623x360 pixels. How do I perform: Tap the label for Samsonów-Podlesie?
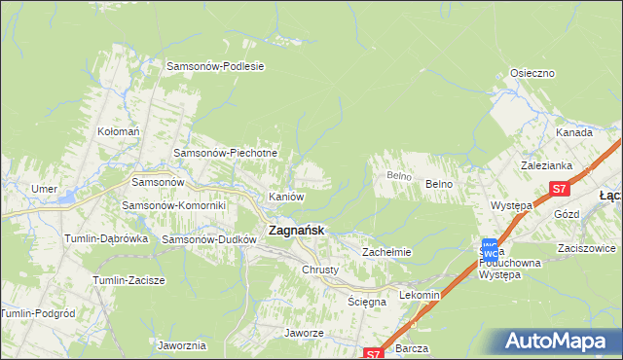(216, 66)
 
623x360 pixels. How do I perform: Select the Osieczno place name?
(532, 73)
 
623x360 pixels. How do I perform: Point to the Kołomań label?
(119, 130)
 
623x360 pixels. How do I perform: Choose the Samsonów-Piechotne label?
(226, 153)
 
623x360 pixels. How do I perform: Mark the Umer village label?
(44, 188)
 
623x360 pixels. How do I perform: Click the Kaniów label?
(286, 197)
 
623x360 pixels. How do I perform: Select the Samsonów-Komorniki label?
(173, 205)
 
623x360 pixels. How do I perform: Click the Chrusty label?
(320, 270)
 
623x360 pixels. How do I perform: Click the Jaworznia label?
(181, 345)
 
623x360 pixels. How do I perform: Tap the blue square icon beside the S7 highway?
(490, 248)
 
